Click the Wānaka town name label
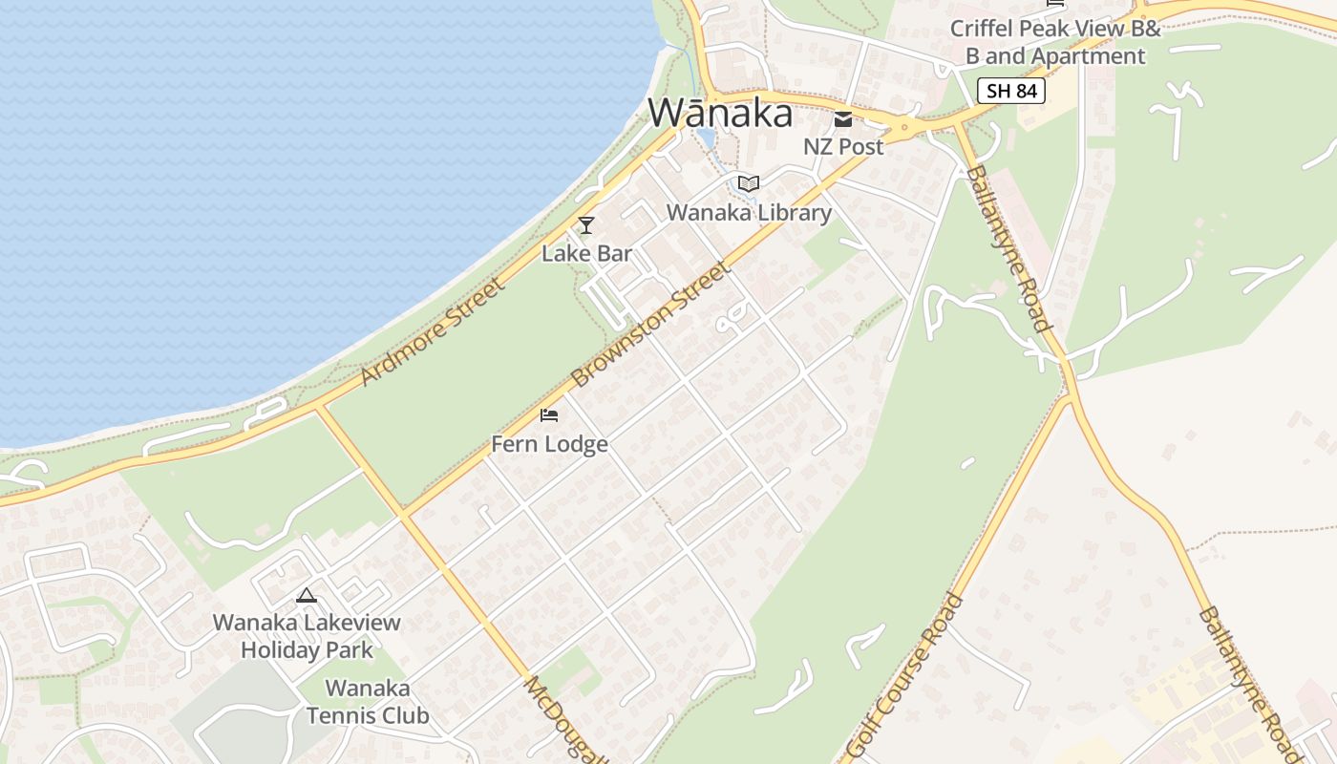click(x=720, y=113)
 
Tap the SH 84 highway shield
click(x=1011, y=91)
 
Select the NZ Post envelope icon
click(x=843, y=119)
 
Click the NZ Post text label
click(x=843, y=146)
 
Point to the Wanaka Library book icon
click(x=749, y=183)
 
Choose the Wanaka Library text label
click(x=749, y=212)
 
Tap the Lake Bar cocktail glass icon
click(x=586, y=225)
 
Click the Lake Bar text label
click(x=586, y=253)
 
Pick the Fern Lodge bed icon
click(x=549, y=415)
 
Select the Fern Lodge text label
click(x=549, y=444)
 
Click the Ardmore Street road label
click(x=432, y=331)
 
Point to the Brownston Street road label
click(x=652, y=324)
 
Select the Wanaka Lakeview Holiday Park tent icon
click(x=306, y=596)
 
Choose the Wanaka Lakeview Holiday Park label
click(x=306, y=636)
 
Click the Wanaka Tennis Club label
click(x=368, y=701)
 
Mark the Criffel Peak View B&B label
click(x=1054, y=42)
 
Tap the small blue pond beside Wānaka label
click(x=706, y=139)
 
